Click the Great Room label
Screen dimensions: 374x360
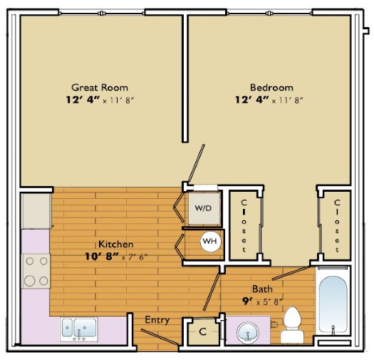[x=100, y=88]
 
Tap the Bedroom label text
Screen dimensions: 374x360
[x=271, y=88]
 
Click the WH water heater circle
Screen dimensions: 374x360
[x=209, y=241]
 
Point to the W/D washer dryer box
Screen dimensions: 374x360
[x=204, y=208]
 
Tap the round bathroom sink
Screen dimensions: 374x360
[x=248, y=332]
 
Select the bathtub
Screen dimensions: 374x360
[x=333, y=304]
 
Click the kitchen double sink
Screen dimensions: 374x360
[x=79, y=329]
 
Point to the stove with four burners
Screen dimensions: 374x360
[x=36, y=271]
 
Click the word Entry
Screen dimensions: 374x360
[x=157, y=319]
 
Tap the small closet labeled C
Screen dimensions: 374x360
[x=202, y=331]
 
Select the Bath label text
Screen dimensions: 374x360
[x=262, y=289]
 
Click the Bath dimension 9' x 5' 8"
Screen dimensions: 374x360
[x=263, y=302]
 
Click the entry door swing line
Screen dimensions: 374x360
[x=160, y=337]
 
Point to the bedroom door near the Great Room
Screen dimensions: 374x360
[x=197, y=163]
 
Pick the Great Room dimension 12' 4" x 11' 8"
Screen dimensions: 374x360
[x=100, y=100]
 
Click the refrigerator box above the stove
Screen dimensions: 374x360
[x=36, y=211]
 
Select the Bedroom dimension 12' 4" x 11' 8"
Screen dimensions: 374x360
[x=269, y=100]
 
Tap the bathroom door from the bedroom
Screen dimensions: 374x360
[x=291, y=272]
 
